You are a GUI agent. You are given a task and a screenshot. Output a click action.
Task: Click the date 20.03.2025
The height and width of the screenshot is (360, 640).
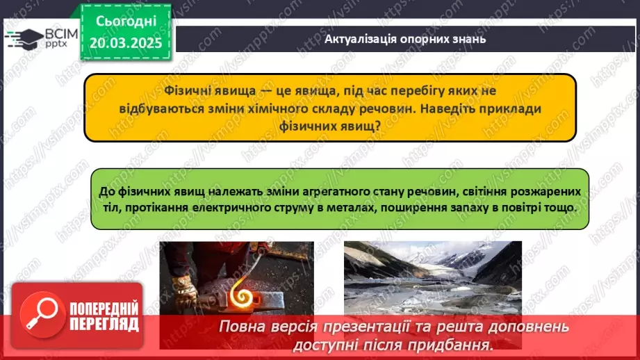pyautogui.click(x=126, y=43)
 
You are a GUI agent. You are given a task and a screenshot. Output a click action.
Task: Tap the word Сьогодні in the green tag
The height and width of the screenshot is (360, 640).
pyautogui.click(x=126, y=22)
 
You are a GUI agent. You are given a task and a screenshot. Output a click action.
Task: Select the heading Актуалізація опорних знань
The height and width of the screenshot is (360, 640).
pyautogui.click(x=405, y=39)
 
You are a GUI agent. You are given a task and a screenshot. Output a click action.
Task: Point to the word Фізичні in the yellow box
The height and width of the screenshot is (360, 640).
pyautogui.click(x=188, y=90)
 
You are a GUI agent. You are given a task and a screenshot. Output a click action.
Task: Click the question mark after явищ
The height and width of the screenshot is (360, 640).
pyautogui.click(x=377, y=126)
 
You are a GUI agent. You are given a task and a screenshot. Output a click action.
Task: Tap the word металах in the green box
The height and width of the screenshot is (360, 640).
pyautogui.click(x=354, y=207)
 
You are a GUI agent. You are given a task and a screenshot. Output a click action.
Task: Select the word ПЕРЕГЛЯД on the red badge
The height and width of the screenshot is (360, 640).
pyautogui.click(x=104, y=325)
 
